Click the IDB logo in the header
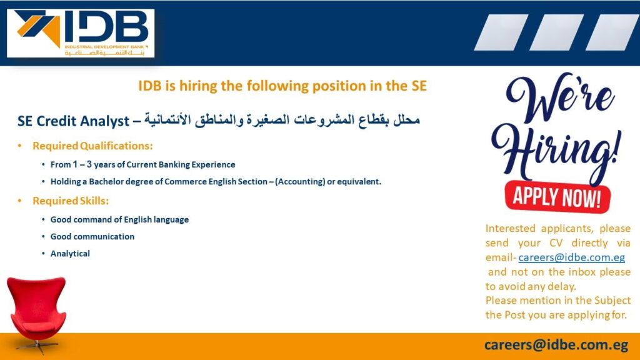[81, 33]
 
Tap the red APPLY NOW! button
[557, 197]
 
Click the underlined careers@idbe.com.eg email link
[571, 257]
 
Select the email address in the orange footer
[556, 345]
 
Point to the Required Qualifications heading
[92, 146]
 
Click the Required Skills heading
[71, 201]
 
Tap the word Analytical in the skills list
[70, 254]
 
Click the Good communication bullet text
[92, 236]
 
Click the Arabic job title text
[282, 121]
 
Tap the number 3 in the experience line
[89, 164]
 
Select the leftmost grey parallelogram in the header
[501, 32]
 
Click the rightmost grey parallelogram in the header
[612, 32]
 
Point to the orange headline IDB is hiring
[282, 86]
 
